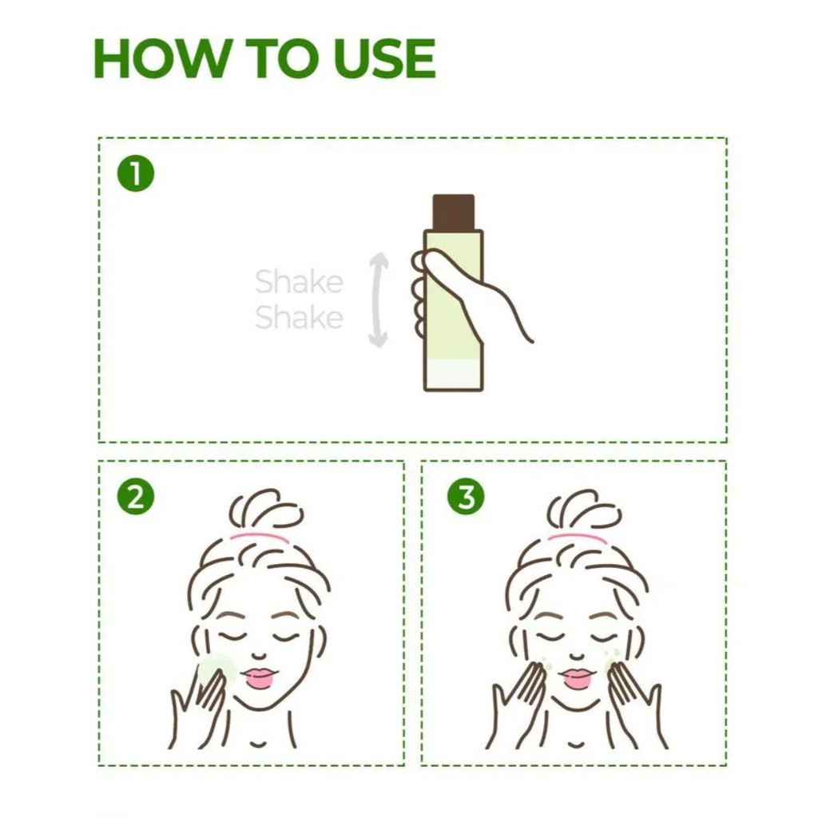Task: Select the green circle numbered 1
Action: pos(136,173)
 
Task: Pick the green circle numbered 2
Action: pos(136,496)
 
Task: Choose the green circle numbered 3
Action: pos(467,496)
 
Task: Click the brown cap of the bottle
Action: pos(454,212)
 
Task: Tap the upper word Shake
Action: pos(299,282)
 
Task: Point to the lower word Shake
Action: pos(299,317)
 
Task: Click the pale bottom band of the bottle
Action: pos(454,374)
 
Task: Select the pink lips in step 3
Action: pos(576,677)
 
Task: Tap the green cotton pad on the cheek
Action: pos(216,669)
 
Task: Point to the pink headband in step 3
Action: pos(577,538)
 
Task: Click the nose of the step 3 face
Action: pos(576,655)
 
